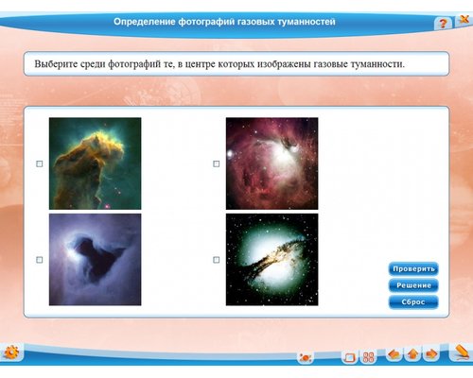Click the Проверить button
tap(412, 268)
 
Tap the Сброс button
tap(412, 301)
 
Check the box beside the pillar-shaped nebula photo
tap(39, 163)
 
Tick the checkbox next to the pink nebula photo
tap(216, 163)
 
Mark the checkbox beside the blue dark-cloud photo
tap(39, 259)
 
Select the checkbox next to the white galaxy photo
tap(216, 259)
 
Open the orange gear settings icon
tap(11, 353)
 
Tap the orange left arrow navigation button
tap(394, 355)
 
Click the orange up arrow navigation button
tap(412, 355)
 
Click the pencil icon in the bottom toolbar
tap(460, 352)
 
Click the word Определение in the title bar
tap(145, 21)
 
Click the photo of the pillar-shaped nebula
tap(95, 163)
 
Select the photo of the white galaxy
tap(272, 259)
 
